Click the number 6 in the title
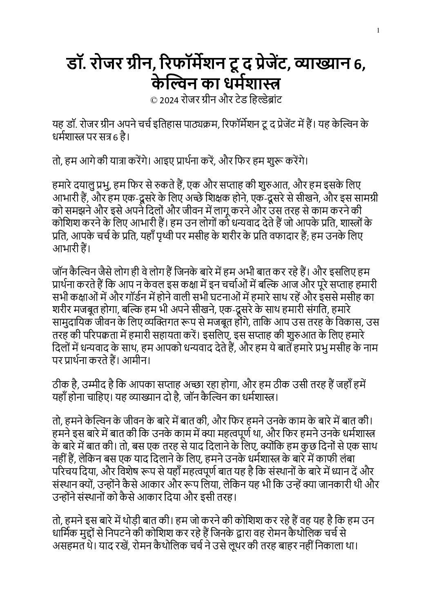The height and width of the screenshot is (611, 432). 360,64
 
